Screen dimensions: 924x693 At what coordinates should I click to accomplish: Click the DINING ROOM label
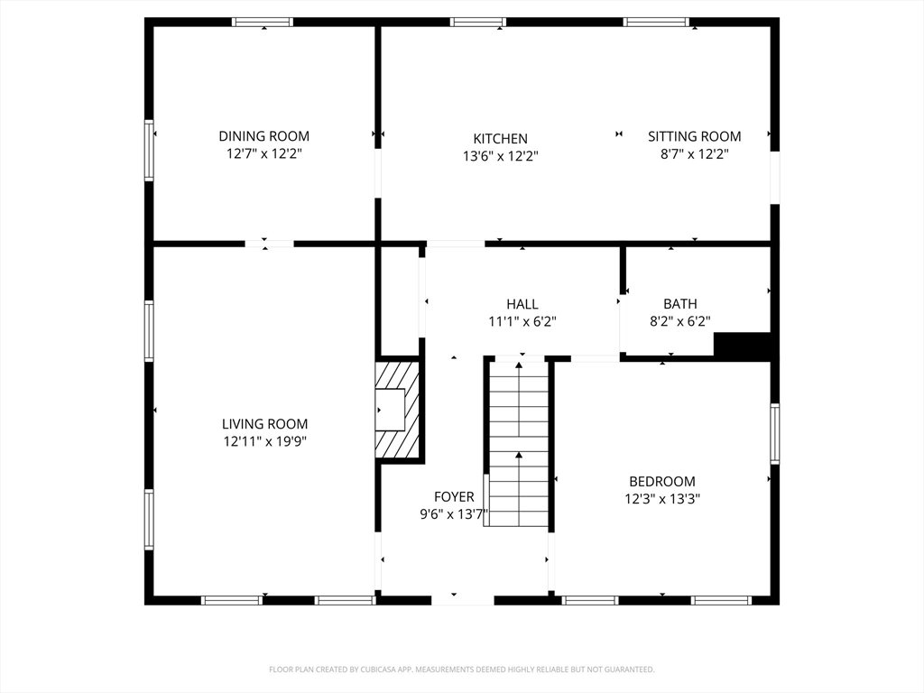[264, 136]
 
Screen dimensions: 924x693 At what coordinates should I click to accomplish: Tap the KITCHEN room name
[500, 138]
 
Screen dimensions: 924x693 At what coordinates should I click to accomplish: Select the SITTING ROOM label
[694, 136]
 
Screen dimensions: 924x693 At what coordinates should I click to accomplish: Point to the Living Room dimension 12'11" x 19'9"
[264, 441]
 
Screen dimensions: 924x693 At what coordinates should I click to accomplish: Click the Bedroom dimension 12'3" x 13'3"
[662, 499]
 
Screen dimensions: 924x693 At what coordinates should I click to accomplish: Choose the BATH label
[680, 303]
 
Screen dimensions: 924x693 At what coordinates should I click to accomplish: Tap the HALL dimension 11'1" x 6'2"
[522, 322]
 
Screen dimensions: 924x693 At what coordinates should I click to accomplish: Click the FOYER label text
[454, 497]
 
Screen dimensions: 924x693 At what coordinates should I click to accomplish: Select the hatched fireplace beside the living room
[398, 410]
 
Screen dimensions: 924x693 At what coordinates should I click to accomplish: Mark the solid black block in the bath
[743, 346]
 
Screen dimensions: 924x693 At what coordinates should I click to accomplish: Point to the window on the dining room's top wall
[263, 23]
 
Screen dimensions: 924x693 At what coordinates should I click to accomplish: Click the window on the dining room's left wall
[149, 151]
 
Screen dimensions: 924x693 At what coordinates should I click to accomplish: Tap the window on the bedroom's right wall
[775, 434]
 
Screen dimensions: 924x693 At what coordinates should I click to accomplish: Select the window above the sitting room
[657, 23]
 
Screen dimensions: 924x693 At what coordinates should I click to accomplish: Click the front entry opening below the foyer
[463, 600]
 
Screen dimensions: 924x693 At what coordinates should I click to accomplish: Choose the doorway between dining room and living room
[269, 244]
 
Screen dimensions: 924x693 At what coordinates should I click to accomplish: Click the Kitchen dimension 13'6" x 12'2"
[500, 156]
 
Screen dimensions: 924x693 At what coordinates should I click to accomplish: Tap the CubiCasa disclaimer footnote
[462, 670]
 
